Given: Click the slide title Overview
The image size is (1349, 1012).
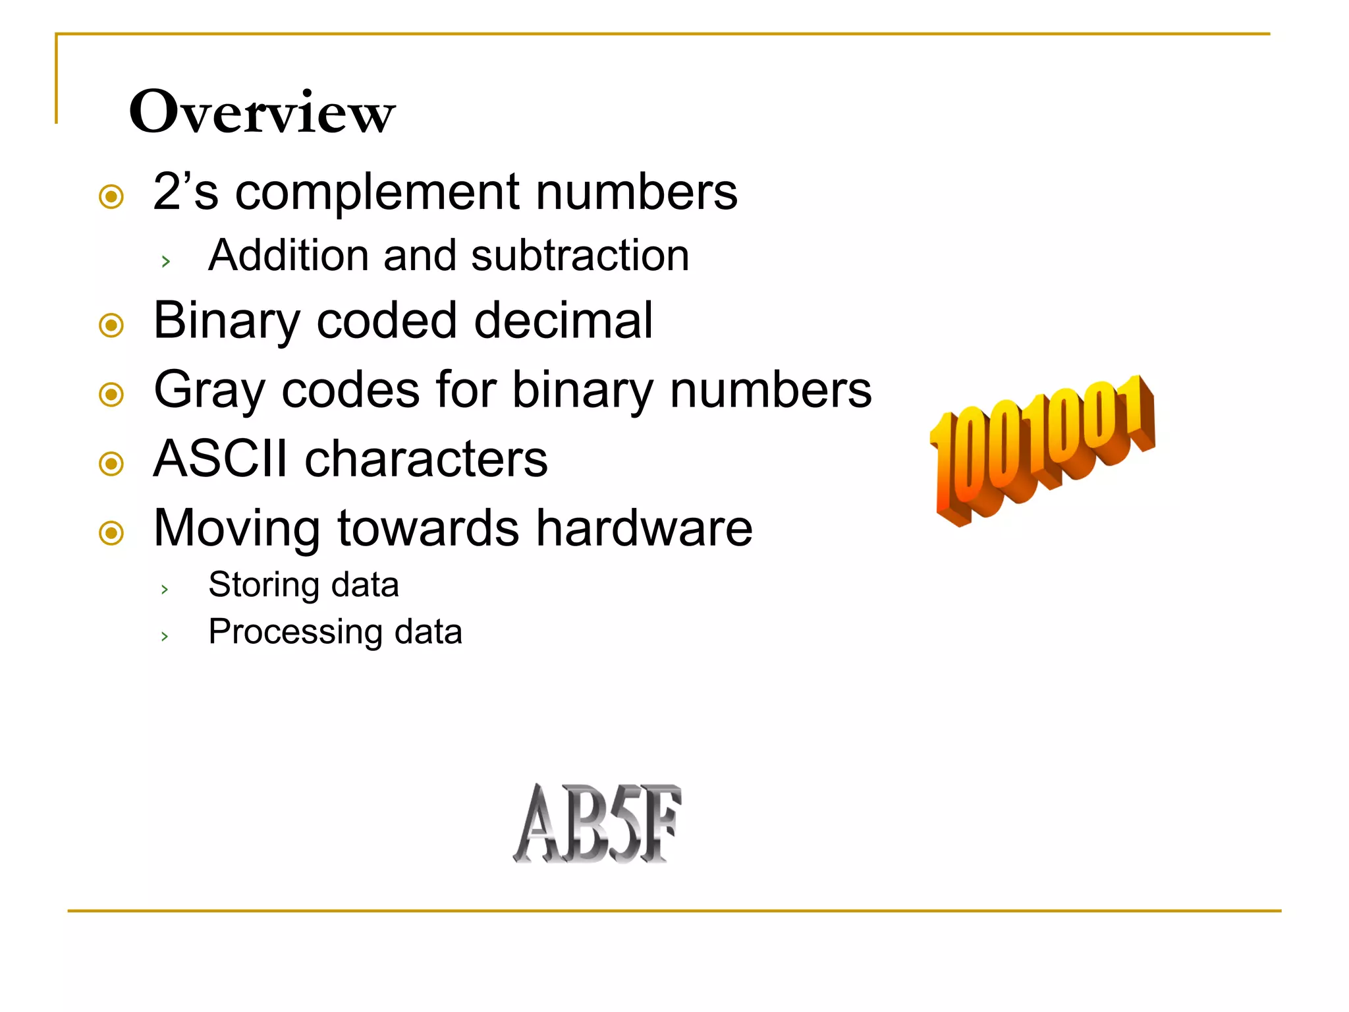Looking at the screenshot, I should tap(262, 112).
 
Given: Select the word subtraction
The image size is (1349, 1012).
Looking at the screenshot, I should tap(580, 256).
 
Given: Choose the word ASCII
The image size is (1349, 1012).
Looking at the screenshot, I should tap(220, 459).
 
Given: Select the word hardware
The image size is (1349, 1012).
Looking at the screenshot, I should tap(644, 528).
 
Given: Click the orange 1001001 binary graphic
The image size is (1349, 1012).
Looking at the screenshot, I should tap(1042, 450).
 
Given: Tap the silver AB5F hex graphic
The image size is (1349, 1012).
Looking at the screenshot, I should tap(597, 823).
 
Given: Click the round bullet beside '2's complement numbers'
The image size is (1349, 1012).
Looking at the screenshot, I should tap(111, 196).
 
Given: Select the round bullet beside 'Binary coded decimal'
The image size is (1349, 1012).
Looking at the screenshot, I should tap(111, 325).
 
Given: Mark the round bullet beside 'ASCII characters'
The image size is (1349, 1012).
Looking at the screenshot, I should tap(111, 463).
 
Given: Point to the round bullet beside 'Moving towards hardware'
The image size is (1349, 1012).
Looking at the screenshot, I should tap(111, 532).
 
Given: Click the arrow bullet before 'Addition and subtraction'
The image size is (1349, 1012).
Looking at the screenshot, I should tap(166, 262).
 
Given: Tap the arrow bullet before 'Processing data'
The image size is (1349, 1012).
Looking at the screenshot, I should tap(165, 636).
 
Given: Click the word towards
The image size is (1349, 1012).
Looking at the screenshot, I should tap(428, 528).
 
